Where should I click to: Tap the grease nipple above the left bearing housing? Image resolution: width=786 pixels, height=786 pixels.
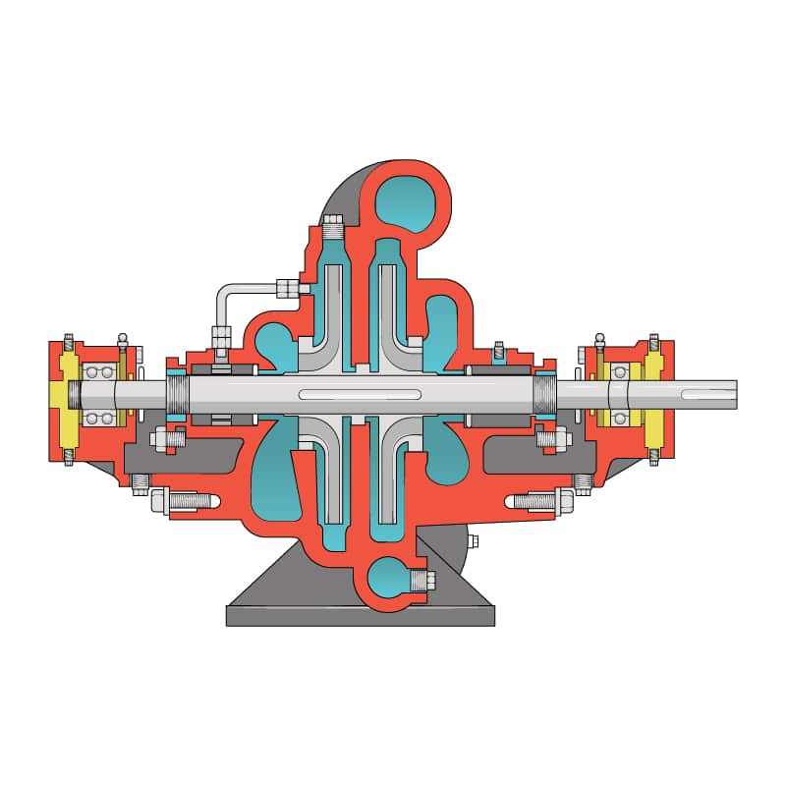123,342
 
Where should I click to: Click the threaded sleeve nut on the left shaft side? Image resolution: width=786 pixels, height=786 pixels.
178,395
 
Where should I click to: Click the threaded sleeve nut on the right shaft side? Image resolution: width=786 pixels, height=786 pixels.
544,395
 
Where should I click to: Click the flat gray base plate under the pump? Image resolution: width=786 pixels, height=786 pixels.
360,615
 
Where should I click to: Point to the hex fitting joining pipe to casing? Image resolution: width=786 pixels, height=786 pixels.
288,288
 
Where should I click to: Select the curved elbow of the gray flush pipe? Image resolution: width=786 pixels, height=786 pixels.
224,293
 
